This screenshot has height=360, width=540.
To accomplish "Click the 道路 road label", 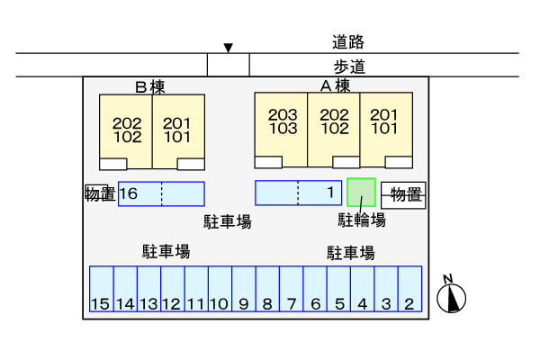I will pos(347,41).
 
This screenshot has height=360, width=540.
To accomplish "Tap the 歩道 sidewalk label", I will pos(347,66).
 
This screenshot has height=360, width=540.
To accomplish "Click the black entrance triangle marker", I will pos(229,47).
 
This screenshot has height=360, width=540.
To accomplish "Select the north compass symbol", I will pos(453,296).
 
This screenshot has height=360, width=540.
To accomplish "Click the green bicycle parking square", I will pos(361,192).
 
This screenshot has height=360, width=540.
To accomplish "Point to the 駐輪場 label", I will pos(362,220).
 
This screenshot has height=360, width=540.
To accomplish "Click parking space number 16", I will pos(139,193).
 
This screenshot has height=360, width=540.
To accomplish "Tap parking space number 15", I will pos(101,291).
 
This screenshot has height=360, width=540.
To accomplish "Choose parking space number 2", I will pos(410,291).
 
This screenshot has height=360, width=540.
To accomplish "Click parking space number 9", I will pos(244,291).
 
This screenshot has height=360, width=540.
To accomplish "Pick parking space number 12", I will pos(172,291).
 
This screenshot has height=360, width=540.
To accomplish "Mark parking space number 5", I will pos(339,291).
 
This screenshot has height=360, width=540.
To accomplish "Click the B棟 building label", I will pos(150,87).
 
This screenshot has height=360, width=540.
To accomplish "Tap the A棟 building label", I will pos(335,86).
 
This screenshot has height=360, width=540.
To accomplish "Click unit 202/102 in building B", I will pos(127,130).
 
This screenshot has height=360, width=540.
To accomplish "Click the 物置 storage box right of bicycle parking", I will pos(404,195).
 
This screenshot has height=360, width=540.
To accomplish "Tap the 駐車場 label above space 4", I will pos(350,252).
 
